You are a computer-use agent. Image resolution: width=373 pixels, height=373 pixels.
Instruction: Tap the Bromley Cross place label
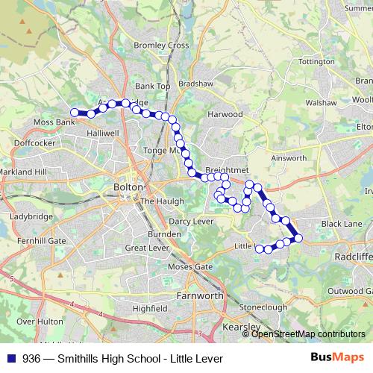coord(161,46)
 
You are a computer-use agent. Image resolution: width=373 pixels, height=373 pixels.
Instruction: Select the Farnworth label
coord(199,295)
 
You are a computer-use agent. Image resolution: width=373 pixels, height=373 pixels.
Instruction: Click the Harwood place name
coord(225,114)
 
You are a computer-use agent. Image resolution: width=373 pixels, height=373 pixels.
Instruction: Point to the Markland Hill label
coord(23,172)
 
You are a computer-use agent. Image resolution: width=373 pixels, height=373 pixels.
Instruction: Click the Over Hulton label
coord(36,322)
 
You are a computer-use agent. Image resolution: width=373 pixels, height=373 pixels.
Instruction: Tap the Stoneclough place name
coord(263,307)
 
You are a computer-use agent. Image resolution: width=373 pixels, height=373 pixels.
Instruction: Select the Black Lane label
coord(341,223)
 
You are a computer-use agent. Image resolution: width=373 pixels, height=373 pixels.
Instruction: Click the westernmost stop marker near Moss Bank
coord(75,113)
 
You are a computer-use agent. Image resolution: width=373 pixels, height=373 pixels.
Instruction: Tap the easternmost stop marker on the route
coord(298,238)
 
